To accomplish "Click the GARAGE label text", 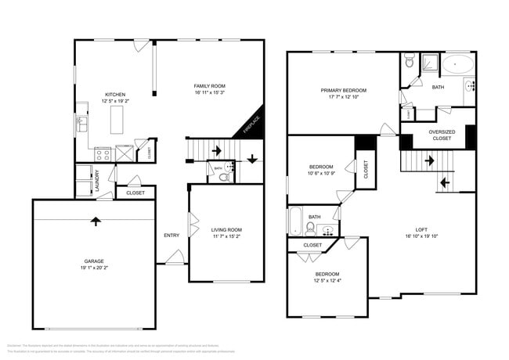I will pyautogui.click(x=94, y=261).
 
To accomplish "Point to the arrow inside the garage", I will pyautogui.click(x=96, y=221).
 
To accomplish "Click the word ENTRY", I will pyautogui.click(x=171, y=235).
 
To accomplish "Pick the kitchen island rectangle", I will pyautogui.click(x=118, y=121).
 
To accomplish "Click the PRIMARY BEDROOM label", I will pyautogui.click(x=343, y=91).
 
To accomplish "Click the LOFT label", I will pyautogui.click(x=421, y=229).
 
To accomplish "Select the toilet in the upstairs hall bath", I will pyautogui.click(x=310, y=228).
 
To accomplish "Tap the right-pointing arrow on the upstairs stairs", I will pyautogui.click(x=429, y=161).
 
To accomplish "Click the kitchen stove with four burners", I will pyautogui.click(x=102, y=154).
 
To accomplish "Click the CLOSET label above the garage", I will pyautogui.click(x=135, y=193).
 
